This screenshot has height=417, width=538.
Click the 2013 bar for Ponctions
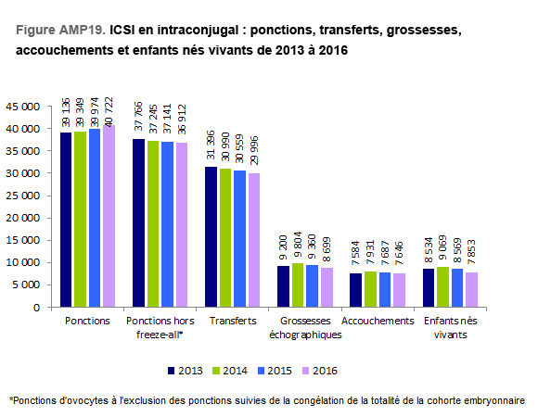click(66, 220)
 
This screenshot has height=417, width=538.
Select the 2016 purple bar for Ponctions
click(109, 216)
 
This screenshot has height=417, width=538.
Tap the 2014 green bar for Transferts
click(225, 238)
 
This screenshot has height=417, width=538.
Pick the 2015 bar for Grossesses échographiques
click(313, 285)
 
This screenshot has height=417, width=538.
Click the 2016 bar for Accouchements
click(399, 290)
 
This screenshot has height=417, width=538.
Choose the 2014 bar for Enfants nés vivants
click(443, 286)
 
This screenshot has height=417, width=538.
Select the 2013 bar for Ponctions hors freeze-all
click(138, 222)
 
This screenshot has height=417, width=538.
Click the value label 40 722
click(109, 110)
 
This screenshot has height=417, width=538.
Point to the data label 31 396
click(211, 145)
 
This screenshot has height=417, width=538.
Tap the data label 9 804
click(298, 245)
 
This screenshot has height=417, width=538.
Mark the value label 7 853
click(472, 252)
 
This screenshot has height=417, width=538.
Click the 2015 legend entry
click(275, 371)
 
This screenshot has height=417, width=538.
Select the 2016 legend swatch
click(305, 371)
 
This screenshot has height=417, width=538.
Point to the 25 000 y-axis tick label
click(22, 196)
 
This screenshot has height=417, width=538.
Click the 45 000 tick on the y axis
click(22, 107)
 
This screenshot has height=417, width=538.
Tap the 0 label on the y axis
click(36, 308)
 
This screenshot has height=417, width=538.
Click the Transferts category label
click(233, 321)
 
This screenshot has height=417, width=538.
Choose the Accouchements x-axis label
click(378, 321)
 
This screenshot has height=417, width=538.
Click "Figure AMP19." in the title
click(60, 30)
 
